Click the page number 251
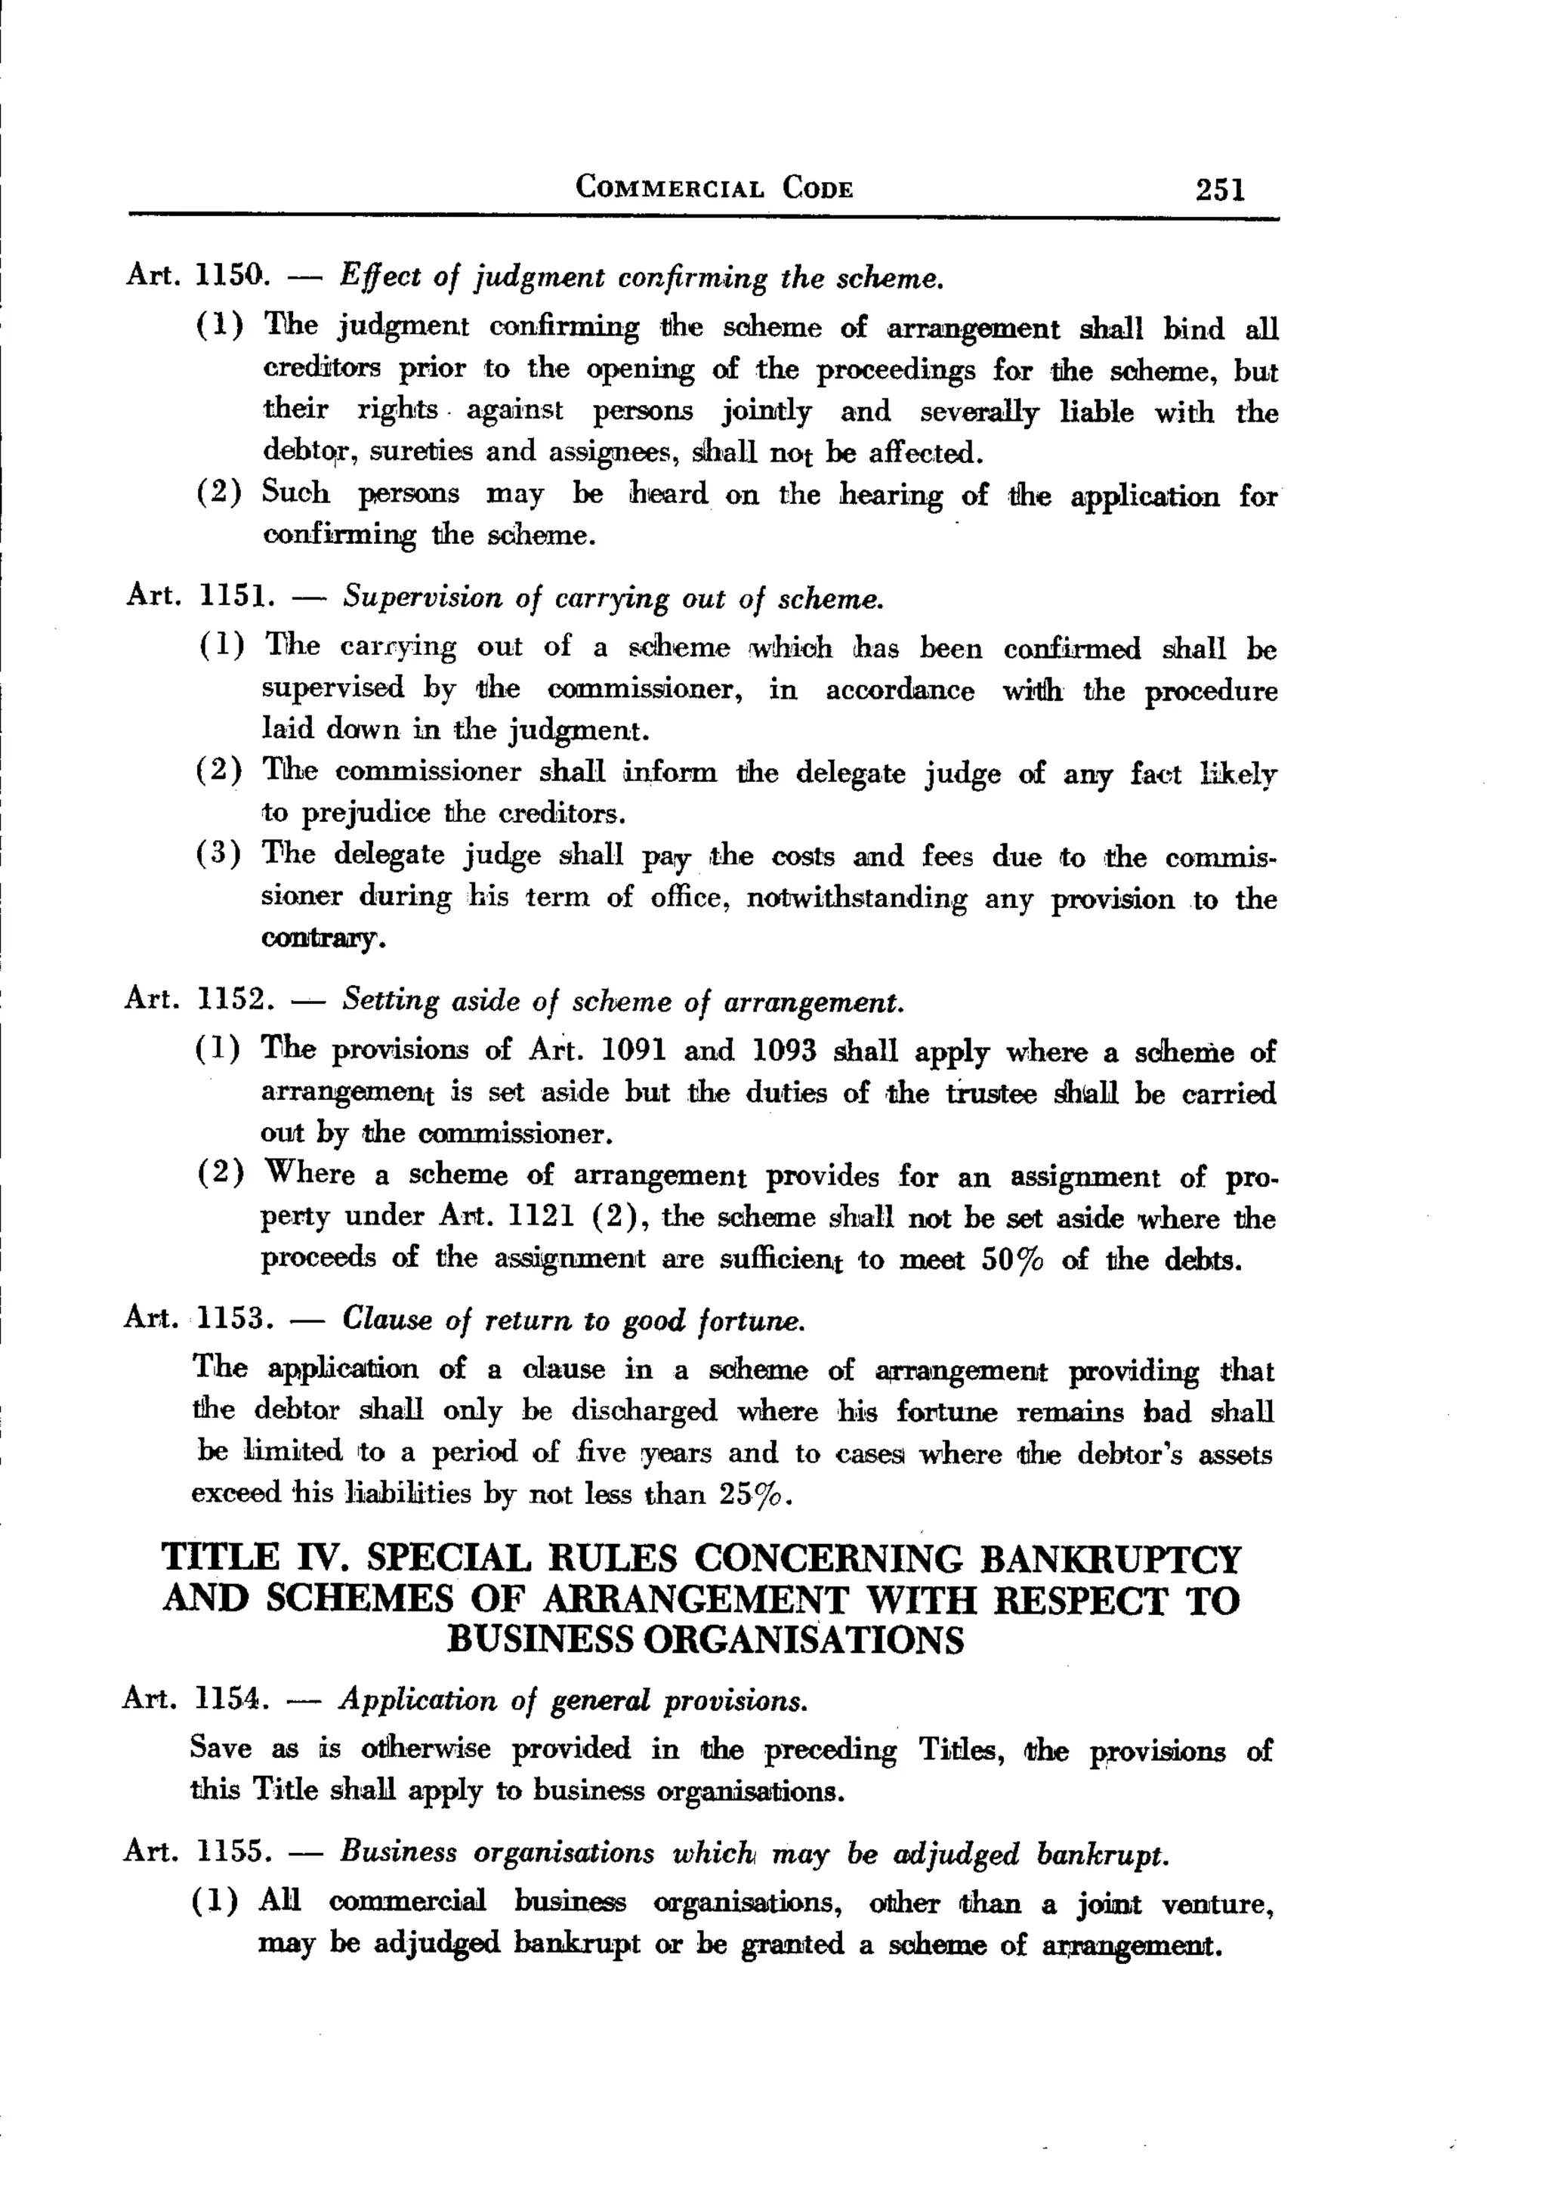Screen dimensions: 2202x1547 (1220, 189)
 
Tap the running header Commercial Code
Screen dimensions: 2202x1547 (714, 187)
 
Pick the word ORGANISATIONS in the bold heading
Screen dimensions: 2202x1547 (803, 1641)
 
